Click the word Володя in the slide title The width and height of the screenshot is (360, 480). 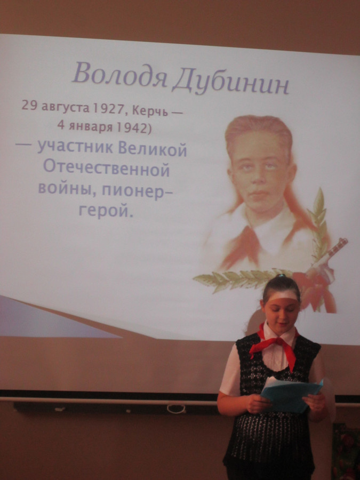tap(119, 74)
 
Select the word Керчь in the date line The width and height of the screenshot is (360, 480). tap(150, 111)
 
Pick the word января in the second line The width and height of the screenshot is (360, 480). tap(91, 126)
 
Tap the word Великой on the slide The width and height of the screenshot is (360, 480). tap(153, 150)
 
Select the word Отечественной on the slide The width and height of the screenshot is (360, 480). tap(106, 169)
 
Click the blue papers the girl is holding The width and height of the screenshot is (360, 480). tap(291, 394)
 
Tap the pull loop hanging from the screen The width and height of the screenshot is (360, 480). tap(177, 409)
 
